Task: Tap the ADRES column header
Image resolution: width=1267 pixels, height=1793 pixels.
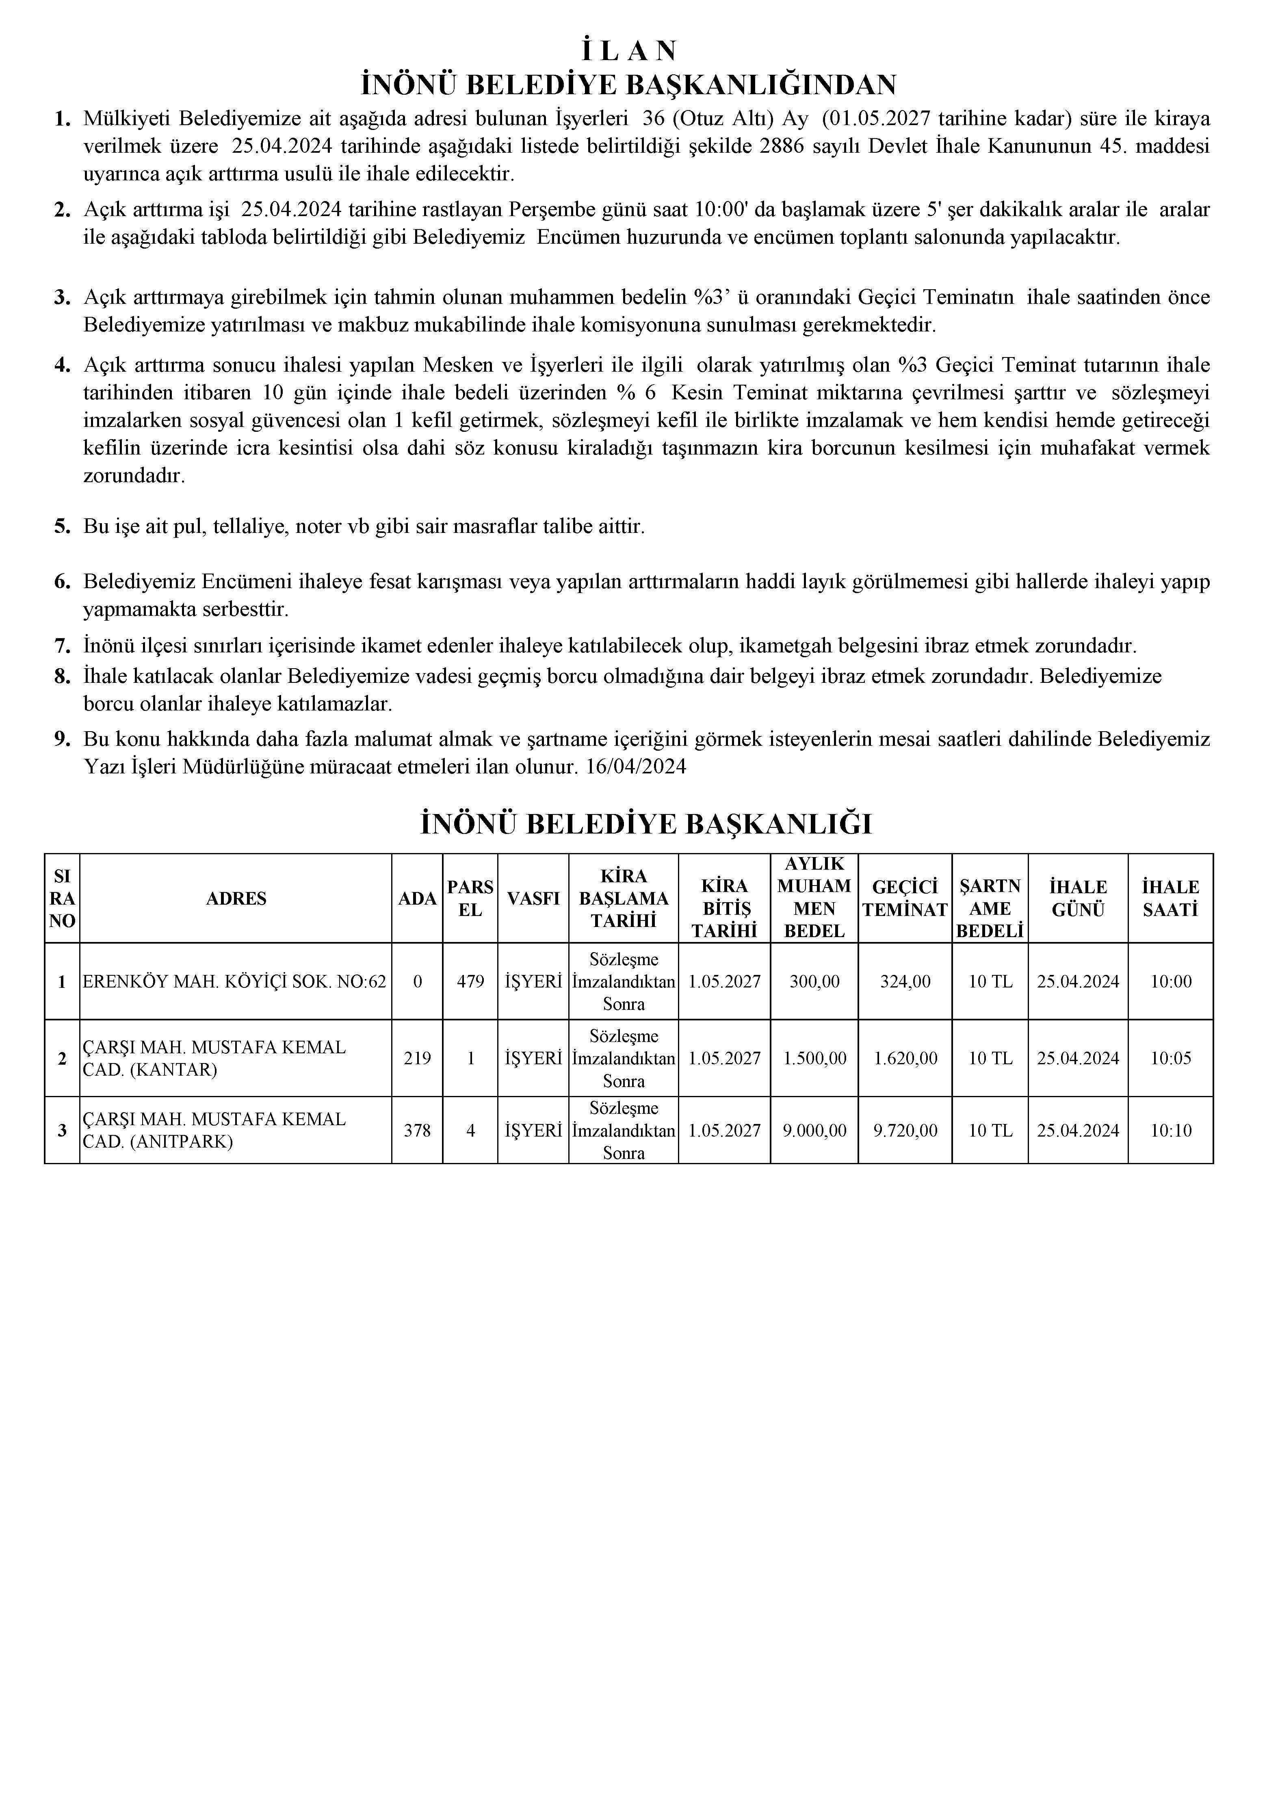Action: tap(236, 899)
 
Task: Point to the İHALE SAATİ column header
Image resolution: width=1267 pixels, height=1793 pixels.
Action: tap(1170, 899)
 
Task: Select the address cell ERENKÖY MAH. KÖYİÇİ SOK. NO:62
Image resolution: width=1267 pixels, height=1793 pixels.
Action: tap(234, 982)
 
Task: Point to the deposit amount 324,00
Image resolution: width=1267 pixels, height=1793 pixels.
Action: tap(905, 982)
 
